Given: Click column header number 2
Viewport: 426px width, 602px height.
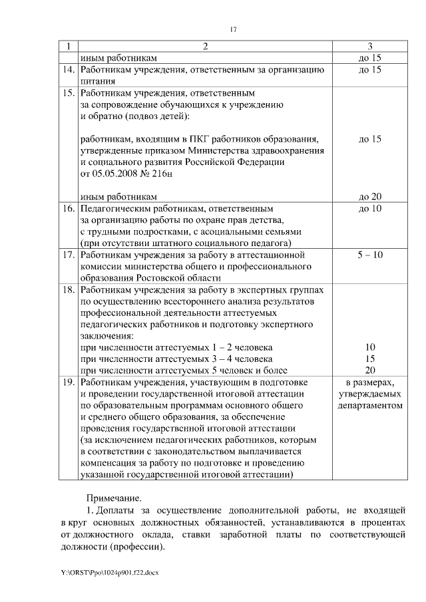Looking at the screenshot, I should coord(205,46).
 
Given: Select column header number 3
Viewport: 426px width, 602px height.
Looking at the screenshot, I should coord(369,46).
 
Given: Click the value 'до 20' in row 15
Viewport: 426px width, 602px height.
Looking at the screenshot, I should coord(369,196).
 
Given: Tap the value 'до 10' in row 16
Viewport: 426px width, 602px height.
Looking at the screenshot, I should coord(369,208).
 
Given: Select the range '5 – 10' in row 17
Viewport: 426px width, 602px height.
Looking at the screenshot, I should coord(369,254).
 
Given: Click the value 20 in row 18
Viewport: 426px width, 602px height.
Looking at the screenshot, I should coord(370,371).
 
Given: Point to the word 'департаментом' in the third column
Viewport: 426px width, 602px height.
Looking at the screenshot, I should coord(369,405).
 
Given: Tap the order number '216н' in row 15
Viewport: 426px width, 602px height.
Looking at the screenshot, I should coord(163,174).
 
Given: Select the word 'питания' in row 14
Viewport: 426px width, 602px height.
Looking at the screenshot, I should coord(99,81).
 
